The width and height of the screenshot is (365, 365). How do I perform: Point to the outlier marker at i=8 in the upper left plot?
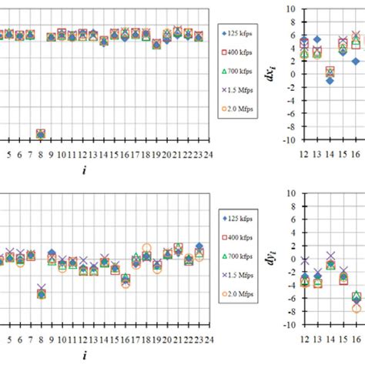(x=40, y=134)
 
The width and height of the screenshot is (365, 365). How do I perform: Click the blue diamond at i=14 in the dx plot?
(x=330, y=80)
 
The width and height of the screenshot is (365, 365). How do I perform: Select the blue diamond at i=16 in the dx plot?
(x=356, y=61)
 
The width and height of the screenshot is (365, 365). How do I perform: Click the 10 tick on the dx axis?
(x=290, y=8)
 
